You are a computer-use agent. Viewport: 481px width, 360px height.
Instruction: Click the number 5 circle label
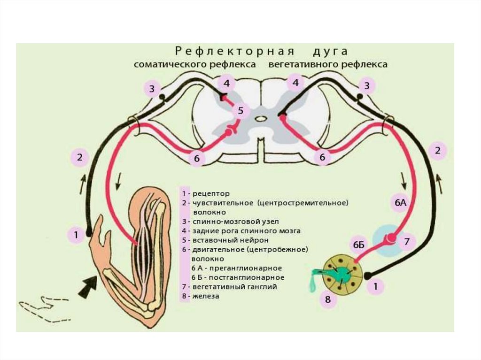(x=240, y=111)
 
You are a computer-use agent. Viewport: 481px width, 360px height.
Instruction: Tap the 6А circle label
(x=400, y=203)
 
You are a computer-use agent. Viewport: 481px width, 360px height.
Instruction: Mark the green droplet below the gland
(x=312, y=284)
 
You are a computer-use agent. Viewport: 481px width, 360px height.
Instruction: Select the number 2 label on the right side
(x=437, y=151)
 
